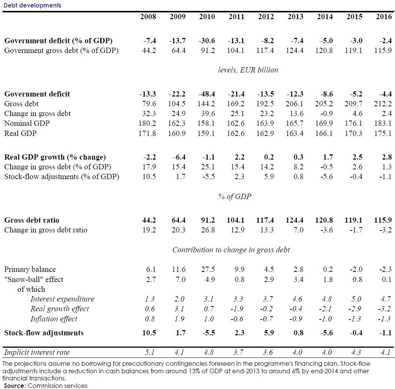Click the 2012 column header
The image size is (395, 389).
point(266,17)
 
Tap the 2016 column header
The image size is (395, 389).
point(384,17)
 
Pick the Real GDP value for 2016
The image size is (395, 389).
point(384,133)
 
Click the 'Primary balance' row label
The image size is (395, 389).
point(30,269)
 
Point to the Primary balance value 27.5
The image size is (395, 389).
point(207,269)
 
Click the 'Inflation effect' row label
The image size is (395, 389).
point(54,319)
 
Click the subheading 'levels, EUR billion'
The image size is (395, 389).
point(248,70)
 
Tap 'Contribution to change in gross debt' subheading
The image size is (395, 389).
point(231,250)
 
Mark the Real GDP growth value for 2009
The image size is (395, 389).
point(178,157)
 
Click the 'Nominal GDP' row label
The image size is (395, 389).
point(27,123)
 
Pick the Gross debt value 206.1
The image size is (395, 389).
point(295,104)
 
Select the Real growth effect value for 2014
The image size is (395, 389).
point(325,309)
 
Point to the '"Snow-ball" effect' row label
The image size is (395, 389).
point(34,279)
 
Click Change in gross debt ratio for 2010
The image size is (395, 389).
point(207,230)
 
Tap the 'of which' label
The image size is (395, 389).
point(31,289)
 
